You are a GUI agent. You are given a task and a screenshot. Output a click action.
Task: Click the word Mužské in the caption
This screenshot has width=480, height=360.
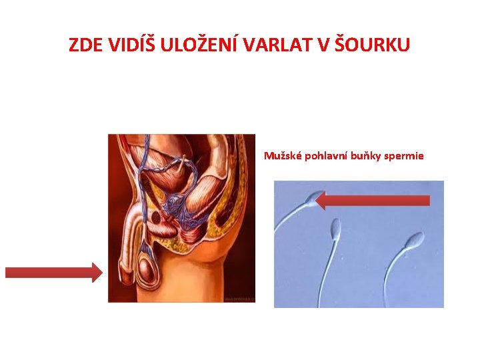pyautogui.click(x=283, y=157)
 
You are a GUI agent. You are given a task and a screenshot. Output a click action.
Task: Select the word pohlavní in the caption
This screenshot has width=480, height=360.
pyautogui.click(x=326, y=157)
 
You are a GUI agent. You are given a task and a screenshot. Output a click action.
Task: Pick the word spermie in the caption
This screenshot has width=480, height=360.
pyautogui.click(x=403, y=157)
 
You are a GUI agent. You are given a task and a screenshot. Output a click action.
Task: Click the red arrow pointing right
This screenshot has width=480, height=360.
pyautogui.click(x=53, y=272)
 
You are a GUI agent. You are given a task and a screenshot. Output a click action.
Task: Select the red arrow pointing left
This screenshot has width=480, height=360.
pyautogui.click(x=373, y=200)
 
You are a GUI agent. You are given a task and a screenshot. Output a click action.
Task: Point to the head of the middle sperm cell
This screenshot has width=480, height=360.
pyautogui.click(x=335, y=229)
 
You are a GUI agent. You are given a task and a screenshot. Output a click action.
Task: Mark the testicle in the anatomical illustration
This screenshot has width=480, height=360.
pyautogui.click(x=147, y=270)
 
